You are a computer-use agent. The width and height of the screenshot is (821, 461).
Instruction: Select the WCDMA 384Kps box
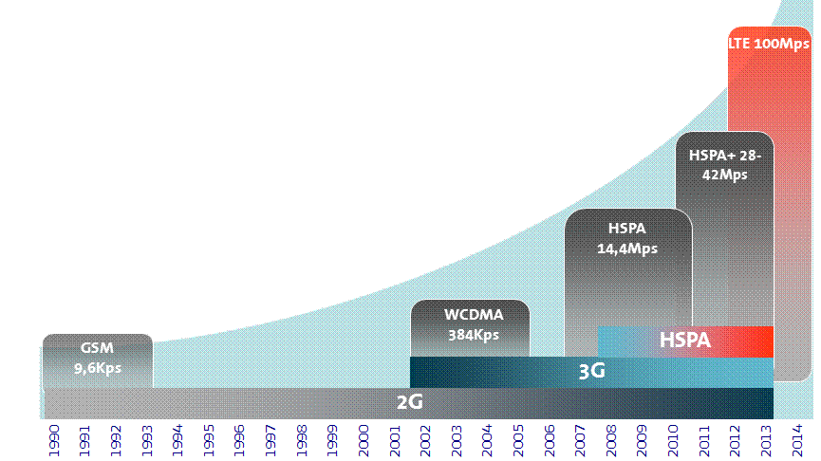471,324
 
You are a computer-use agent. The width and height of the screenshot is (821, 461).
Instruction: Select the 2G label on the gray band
409,402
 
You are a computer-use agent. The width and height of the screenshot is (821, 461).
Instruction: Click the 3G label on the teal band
591,371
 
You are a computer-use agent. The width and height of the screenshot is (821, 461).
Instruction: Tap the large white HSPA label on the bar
684,340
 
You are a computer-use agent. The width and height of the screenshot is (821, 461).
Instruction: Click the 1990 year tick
55,440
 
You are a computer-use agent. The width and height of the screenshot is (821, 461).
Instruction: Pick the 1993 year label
147,440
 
